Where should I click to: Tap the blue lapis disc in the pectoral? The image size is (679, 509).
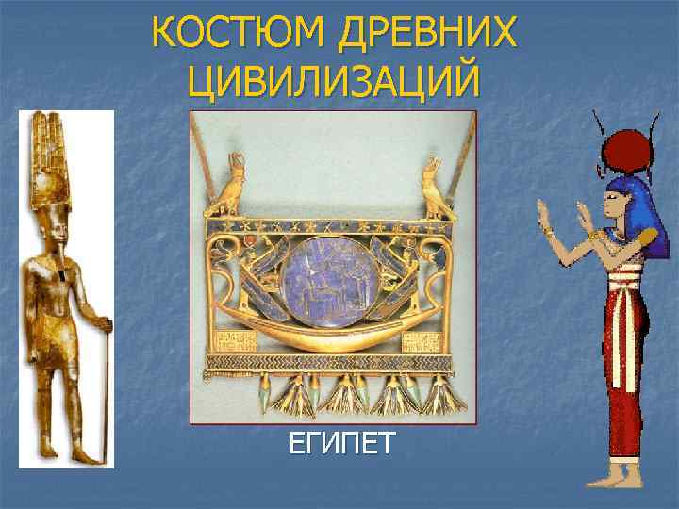pos(332,283)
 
